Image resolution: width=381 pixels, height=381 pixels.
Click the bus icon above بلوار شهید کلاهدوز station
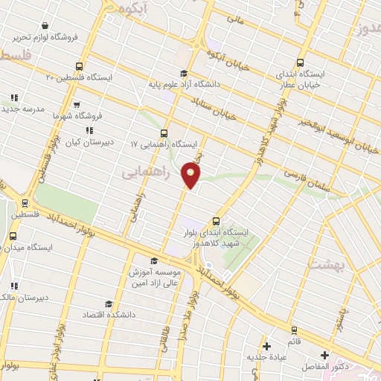point(217,221)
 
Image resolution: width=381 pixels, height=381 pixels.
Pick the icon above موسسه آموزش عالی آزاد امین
point(154,260)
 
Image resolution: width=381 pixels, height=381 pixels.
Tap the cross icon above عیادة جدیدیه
point(266,345)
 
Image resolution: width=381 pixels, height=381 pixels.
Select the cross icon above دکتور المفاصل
point(324,355)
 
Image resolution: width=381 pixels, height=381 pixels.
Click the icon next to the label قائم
point(293,330)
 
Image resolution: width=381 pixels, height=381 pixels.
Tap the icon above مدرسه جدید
point(13,97)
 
